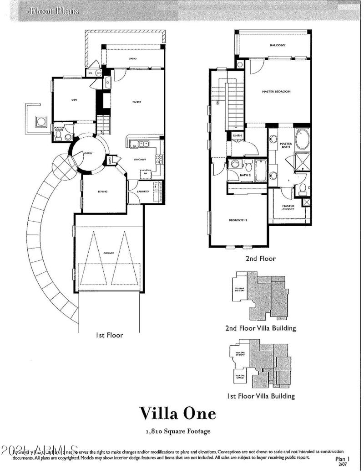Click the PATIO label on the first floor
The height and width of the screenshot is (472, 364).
click(x=133, y=59)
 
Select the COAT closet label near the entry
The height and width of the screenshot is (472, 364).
click(x=110, y=160)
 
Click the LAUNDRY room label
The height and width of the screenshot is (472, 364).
click(x=143, y=192)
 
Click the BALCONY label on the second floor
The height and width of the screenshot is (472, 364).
click(x=277, y=45)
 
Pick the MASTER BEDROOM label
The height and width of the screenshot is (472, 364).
click(x=276, y=92)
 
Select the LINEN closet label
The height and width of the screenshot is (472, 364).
click(x=237, y=135)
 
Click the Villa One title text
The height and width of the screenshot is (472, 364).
click(x=177, y=413)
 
